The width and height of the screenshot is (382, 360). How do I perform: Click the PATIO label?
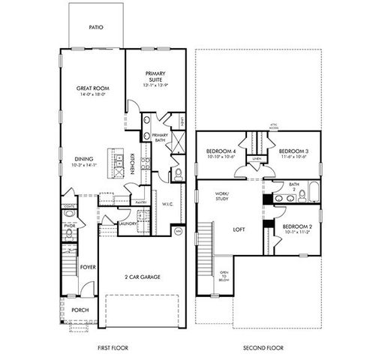pos(95,27)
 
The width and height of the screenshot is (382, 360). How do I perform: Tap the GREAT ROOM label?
pos(94,88)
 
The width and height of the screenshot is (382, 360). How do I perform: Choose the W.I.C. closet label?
pos(167,202)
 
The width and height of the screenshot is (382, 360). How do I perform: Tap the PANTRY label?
pos(140,202)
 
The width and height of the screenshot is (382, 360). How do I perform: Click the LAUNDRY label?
pos(126,223)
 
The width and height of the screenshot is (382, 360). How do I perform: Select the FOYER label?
pos(89,265)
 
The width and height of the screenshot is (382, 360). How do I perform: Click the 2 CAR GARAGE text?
pos(142,277)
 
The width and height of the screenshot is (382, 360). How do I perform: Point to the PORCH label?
pos(80,310)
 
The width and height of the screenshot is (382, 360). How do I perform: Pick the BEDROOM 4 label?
pos(221,151)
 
